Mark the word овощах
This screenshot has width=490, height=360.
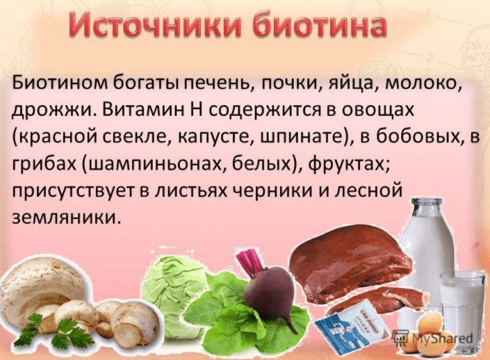point(373,111)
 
